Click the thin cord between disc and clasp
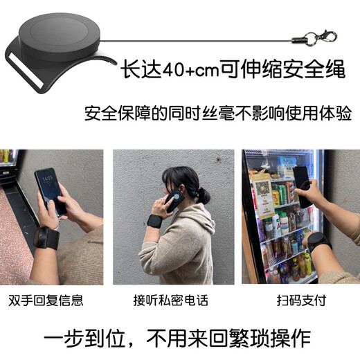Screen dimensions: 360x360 tap(208, 32)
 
